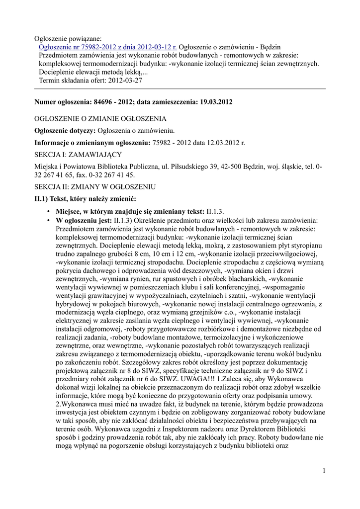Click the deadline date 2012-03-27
pyautogui.click(x=125, y=80)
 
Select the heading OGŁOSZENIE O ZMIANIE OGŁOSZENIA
pyautogui.click(x=100, y=119)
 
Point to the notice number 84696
pyautogui.click(x=104, y=102)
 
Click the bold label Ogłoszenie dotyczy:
pyautogui.click(x=64, y=131)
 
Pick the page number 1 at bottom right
pyautogui.click(x=323, y=470)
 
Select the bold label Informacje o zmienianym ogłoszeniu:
pyautogui.click(x=92, y=143)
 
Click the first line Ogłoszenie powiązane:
pyautogui.click(x=68, y=38)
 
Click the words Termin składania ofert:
pyautogui.click(x=72, y=80)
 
